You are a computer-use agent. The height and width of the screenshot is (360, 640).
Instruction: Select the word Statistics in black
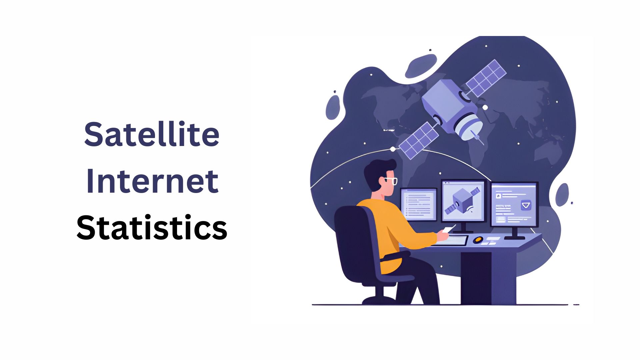pyautogui.click(x=152, y=228)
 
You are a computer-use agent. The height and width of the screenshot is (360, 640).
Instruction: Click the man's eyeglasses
pyautogui.click(x=390, y=181)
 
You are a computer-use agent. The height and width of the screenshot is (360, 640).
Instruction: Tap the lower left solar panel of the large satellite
pyautogui.click(x=418, y=140)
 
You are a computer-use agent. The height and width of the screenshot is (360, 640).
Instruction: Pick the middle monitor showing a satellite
pyautogui.click(x=464, y=201)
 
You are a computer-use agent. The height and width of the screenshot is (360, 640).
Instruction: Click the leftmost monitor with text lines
pyautogui.click(x=418, y=204)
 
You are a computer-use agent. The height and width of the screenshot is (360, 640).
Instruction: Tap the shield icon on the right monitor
pyautogui.click(x=526, y=205)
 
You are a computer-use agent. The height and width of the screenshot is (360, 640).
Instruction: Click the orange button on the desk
pyautogui.click(x=478, y=240)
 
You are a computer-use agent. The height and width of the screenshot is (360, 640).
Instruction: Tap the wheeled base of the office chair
pyautogui.click(x=378, y=299)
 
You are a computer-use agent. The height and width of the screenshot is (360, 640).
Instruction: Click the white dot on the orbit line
pyautogui.click(x=393, y=149)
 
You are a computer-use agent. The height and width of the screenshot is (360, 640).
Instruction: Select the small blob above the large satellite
pyautogui.click(x=421, y=66)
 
